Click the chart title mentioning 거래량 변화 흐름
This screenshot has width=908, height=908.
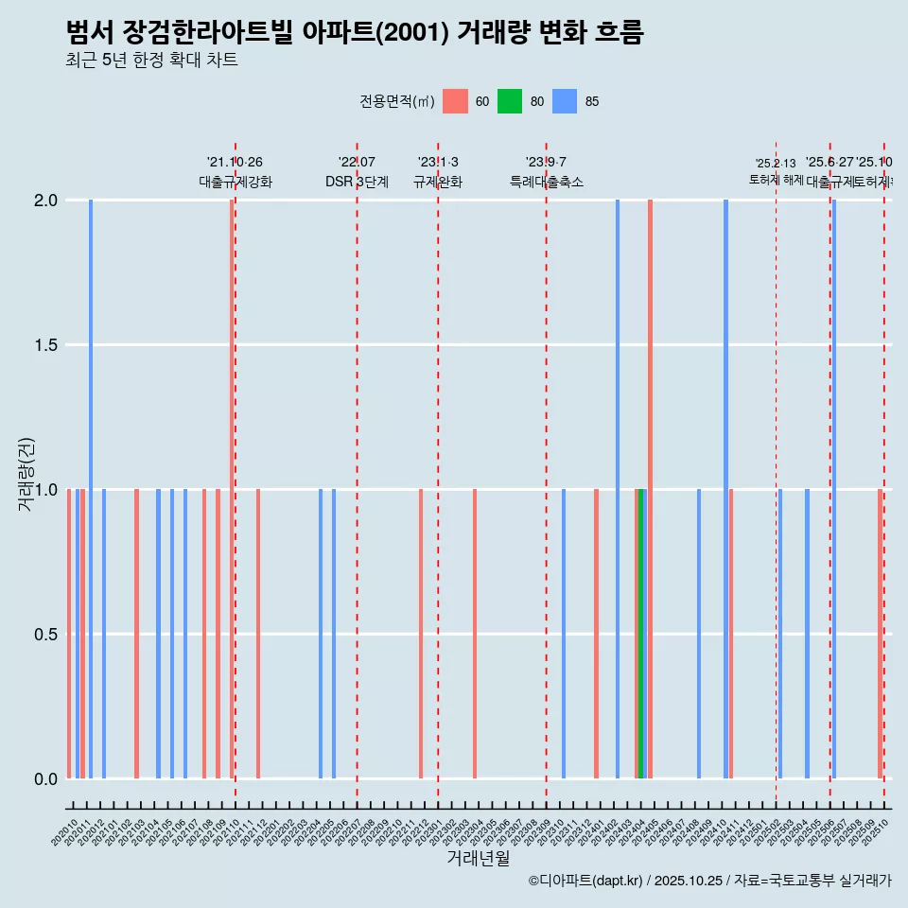coord(355,33)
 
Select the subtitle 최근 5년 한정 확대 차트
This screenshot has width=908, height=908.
coord(151,61)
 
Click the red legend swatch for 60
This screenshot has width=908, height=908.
coord(455,101)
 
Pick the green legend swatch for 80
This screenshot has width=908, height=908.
coord(510,101)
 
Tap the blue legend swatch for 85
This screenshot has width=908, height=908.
coord(565,101)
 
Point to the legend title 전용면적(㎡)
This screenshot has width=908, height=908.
coord(396,101)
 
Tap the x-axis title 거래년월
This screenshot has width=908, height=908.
coord(478,859)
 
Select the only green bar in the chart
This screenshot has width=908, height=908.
coord(641,634)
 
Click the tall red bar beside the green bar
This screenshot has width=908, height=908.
coord(650,489)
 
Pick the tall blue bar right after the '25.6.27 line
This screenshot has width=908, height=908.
coord(834,489)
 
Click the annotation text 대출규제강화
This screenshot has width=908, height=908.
coord(236,182)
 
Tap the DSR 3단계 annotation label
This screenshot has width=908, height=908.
coord(357,182)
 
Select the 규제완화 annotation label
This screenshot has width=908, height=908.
coord(438,182)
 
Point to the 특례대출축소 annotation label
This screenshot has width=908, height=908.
coord(547,182)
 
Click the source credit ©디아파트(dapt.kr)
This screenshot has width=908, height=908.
coord(586,881)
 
